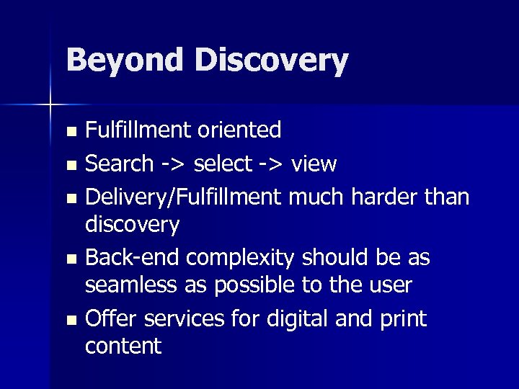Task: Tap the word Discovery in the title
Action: (270, 61)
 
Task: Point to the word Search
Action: (119, 164)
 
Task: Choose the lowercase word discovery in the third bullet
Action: (132, 225)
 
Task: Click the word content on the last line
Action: (123, 346)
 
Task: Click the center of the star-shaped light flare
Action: (50, 105)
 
